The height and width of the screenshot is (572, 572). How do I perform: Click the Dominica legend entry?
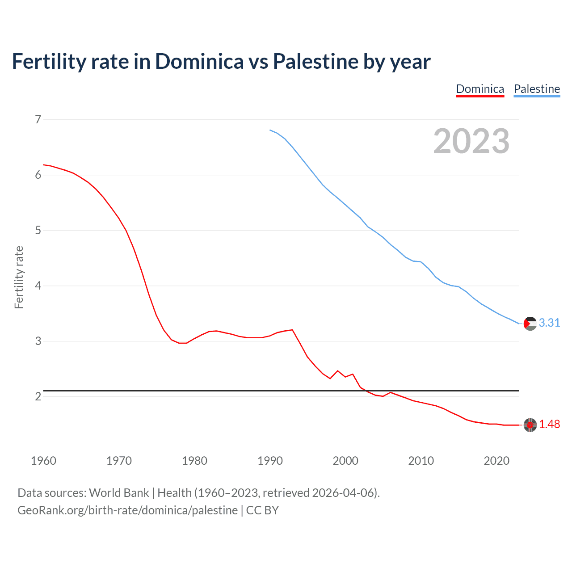(480, 89)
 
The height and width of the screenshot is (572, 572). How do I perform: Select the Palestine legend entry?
(537, 89)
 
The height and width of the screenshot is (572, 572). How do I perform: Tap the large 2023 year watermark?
(471, 141)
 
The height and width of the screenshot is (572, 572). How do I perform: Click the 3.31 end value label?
(549, 323)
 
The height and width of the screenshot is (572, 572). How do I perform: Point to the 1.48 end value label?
(549, 424)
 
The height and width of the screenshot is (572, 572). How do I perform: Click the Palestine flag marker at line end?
(530, 323)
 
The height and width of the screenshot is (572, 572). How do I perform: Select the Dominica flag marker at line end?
(530, 425)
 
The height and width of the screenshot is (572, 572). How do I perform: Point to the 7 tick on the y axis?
(38, 119)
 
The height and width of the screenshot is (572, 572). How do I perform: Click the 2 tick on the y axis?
(38, 396)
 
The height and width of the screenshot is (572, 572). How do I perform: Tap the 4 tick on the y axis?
(38, 286)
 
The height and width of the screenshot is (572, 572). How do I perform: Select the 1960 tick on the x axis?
(43, 461)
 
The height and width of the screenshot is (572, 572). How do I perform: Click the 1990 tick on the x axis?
(270, 461)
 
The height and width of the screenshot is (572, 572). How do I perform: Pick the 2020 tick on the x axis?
(496, 461)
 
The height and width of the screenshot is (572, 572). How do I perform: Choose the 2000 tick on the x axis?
(345, 461)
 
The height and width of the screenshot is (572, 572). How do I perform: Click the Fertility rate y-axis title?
(19, 277)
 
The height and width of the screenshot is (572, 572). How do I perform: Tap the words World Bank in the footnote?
(119, 493)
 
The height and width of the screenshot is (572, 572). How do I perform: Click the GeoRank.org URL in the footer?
(127, 510)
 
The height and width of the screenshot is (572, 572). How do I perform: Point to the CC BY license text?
(262, 510)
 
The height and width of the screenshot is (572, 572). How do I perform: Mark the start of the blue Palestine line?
(270, 130)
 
